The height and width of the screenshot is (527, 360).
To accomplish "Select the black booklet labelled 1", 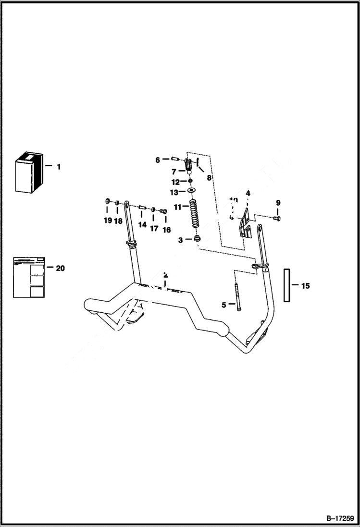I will point(28,173).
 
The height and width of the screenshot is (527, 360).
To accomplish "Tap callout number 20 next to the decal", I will point(60,268).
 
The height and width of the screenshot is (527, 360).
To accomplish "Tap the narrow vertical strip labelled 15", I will point(287,285).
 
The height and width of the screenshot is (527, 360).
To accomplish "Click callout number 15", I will point(305,286).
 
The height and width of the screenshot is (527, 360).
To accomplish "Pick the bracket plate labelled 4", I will point(246,224).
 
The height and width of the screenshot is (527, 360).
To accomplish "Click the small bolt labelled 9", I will point(276,219).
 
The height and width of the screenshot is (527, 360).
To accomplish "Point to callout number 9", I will point(278,203).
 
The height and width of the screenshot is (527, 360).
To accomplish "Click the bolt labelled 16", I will point(163,210).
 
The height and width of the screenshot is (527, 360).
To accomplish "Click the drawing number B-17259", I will point(339,518).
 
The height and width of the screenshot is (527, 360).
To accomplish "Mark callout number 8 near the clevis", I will point(209,177).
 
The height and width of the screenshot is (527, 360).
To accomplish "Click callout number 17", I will point(154,229).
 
